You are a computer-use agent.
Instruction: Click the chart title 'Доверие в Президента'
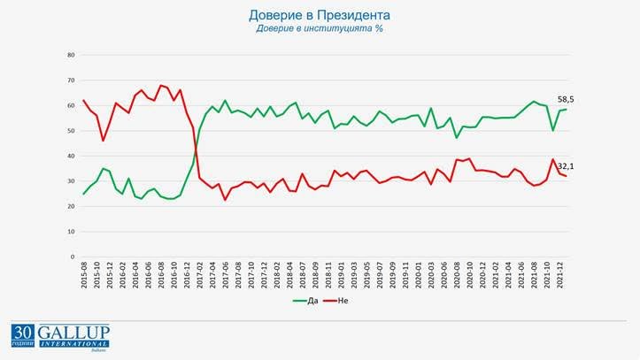[x=320, y=16]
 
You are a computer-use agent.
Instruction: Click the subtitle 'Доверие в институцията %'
[x=320, y=28]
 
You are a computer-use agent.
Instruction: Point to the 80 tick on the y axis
[x=71, y=55]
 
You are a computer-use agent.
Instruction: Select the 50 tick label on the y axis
[x=71, y=131]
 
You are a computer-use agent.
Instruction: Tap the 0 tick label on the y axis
[x=73, y=257]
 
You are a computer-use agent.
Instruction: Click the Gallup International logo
[x=60, y=336]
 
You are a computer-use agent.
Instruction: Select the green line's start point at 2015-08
[x=84, y=194]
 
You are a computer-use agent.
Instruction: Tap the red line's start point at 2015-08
[x=84, y=100]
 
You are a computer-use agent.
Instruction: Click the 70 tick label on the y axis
[x=71, y=80]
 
